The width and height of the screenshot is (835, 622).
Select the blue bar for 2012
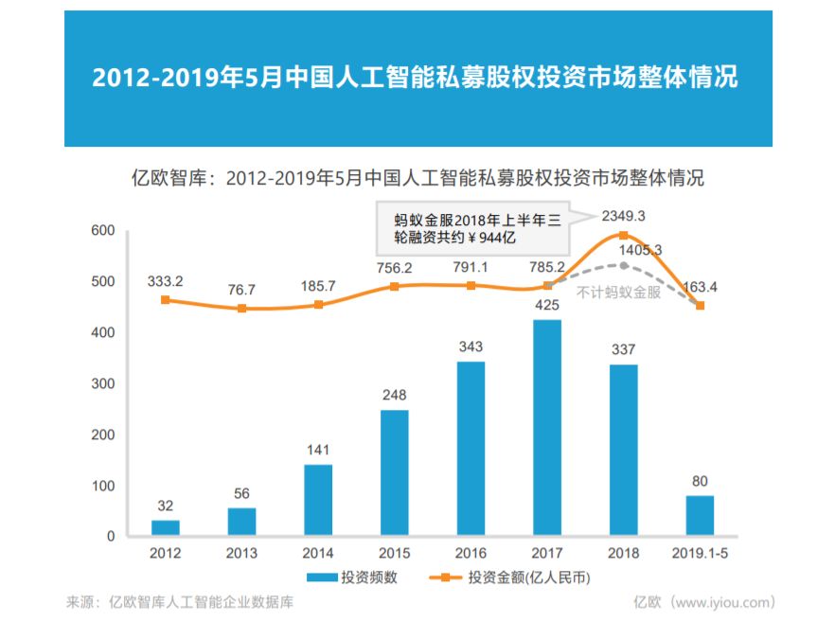point(166,528)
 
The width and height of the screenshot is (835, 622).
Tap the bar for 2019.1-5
point(700,516)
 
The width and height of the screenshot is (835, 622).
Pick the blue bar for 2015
point(394,472)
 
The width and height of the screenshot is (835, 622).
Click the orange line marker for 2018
point(623,235)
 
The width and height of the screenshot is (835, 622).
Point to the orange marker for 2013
point(241,309)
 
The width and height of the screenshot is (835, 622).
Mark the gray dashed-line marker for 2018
point(623,266)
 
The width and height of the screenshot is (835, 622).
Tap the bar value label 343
point(471,347)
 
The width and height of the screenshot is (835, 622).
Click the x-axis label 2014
point(318,553)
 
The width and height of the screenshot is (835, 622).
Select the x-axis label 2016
point(471,553)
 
